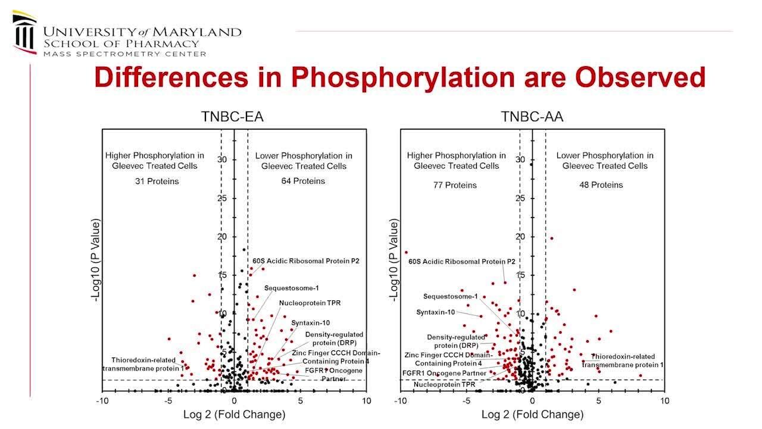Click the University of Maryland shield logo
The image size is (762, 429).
click(x=24, y=33)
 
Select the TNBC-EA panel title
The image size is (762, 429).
click(x=232, y=117)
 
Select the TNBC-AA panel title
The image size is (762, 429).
click(x=532, y=117)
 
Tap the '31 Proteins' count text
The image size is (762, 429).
click(x=157, y=181)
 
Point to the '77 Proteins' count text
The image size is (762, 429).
click(x=455, y=185)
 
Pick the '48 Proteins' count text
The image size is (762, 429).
click(x=601, y=185)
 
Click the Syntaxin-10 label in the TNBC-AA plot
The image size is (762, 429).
click(x=435, y=312)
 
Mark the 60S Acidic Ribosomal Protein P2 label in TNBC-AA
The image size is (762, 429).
click(x=462, y=262)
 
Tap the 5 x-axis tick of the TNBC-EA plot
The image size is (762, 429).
click(x=301, y=401)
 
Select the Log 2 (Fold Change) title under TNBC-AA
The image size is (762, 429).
click(x=532, y=414)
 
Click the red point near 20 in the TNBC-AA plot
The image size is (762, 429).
click(x=551, y=238)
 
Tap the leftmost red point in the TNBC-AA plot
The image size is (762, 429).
click(x=406, y=252)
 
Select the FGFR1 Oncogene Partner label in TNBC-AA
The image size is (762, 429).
click(x=444, y=374)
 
